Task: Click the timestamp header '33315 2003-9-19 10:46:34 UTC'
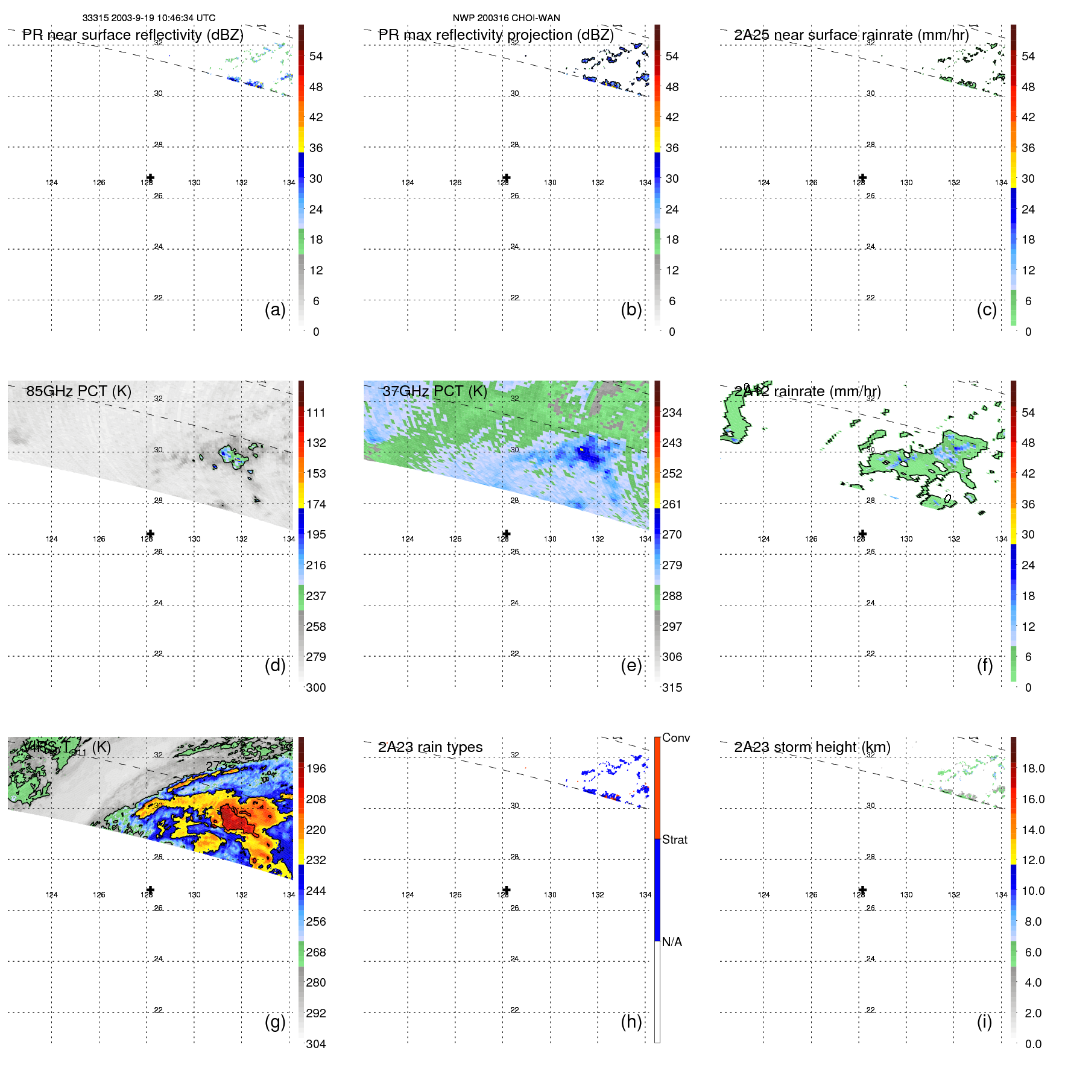click(149, 18)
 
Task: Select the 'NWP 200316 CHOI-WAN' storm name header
click(506, 18)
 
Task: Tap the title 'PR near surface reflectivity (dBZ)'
click(133, 35)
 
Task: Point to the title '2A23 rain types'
click(430, 747)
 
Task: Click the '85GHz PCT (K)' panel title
click(78, 391)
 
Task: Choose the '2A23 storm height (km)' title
click(812, 747)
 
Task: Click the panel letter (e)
click(631, 666)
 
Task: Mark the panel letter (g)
click(275, 1022)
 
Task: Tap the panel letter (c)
click(987, 309)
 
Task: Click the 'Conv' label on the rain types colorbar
click(675, 738)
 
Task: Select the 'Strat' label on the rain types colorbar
click(674, 839)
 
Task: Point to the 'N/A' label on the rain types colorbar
click(672, 942)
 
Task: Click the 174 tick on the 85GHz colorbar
click(316, 504)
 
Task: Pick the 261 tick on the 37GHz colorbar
click(672, 504)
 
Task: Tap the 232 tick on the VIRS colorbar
click(316, 860)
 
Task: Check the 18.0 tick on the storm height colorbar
click(1033, 768)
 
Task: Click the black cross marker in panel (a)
click(150, 178)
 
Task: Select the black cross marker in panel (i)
click(862, 889)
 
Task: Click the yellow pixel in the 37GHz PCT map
click(581, 449)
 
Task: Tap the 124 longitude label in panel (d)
click(52, 539)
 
